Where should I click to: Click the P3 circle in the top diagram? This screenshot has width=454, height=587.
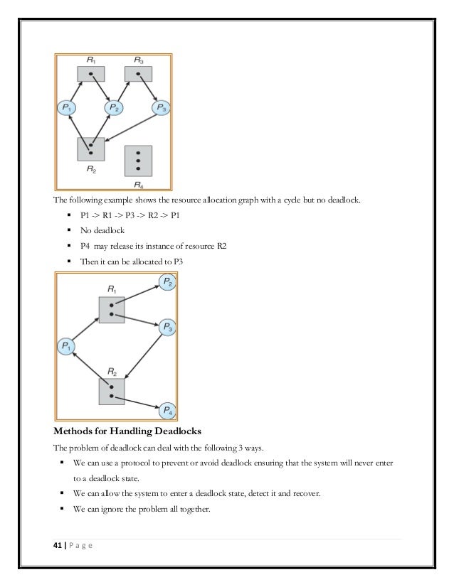162,108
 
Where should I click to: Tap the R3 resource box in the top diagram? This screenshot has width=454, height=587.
135,73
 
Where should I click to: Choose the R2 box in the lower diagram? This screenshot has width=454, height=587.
111,390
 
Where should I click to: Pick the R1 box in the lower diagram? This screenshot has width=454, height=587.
111,310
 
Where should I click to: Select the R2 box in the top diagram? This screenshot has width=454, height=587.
91,149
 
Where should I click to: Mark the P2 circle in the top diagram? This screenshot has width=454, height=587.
115,108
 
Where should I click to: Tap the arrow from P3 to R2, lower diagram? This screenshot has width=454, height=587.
146,353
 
